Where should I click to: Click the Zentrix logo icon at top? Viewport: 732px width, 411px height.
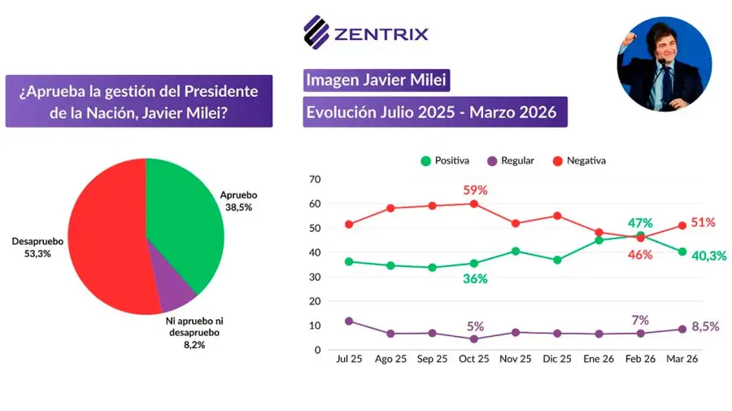(x=316, y=33)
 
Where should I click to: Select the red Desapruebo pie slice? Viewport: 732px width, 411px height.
(x=106, y=236)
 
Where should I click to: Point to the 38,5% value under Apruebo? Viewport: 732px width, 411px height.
(x=238, y=208)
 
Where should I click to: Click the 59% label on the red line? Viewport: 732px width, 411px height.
(x=474, y=190)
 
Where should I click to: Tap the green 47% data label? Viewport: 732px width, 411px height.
(x=640, y=222)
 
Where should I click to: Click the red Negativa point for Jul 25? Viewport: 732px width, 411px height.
(x=349, y=225)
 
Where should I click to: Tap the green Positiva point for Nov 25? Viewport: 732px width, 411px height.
(x=516, y=251)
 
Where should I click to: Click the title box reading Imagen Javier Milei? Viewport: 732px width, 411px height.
(x=376, y=81)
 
